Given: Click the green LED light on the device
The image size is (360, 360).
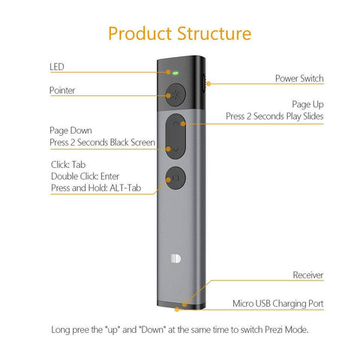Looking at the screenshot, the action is click(175, 73).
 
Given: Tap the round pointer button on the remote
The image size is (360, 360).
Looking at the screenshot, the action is click(175, 95).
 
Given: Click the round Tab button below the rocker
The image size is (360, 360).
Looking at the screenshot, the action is click(175, 178).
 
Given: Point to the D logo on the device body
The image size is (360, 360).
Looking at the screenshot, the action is click(175, 259).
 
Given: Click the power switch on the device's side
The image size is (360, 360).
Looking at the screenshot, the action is click(204, 83).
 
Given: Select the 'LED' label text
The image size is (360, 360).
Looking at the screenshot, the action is click(57, 67).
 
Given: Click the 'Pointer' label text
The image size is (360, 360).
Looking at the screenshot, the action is click(62, 90).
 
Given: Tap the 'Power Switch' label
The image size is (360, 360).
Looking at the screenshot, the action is click(299, 78).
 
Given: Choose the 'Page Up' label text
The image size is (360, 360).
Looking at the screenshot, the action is click(307, 104).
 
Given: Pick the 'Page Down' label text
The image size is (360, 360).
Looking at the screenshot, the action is click(70, 130).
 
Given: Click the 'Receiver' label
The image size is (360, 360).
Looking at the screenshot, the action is click(308, 275).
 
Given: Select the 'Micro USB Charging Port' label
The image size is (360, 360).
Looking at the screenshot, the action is click(278, 304).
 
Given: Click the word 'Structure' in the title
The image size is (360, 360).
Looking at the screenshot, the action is click(214, 34).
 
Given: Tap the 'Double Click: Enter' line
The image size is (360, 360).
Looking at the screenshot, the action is click(85, 176).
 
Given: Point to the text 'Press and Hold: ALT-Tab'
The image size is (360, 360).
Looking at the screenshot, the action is click(96, 187).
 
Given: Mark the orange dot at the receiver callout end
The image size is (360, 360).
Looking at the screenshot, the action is click(184, 304).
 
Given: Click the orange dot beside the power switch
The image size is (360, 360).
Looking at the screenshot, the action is click(208, 84).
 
